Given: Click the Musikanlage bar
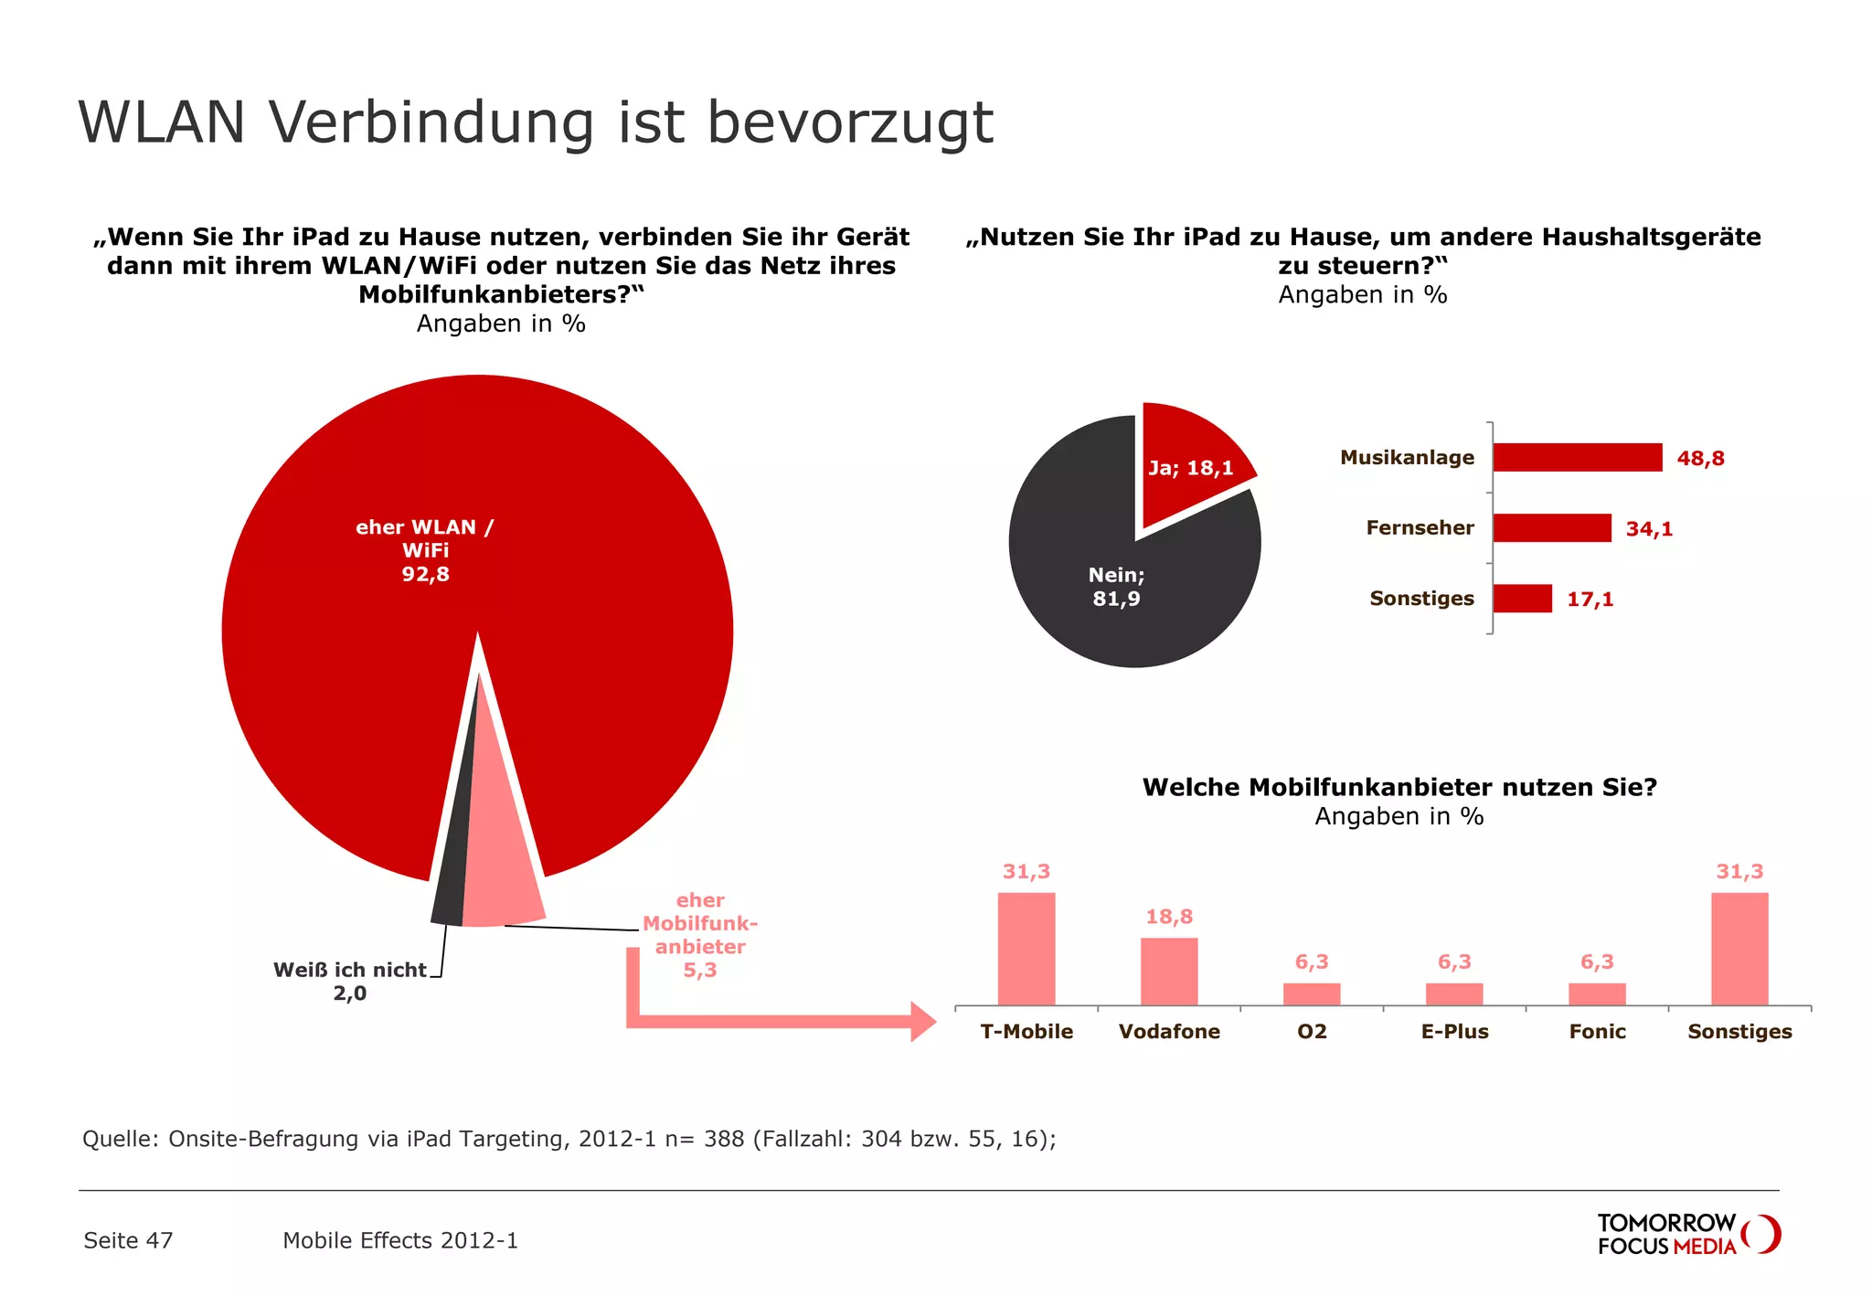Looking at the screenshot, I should click(x=1577, y=457).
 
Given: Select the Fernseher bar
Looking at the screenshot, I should click(x=1551, y=527).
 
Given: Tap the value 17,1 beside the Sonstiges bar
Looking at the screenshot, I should click(x=1590, y=600).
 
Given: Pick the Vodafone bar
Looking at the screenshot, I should click(x=1168, y=972).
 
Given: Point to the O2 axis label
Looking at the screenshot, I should click(x=1312, y=1032).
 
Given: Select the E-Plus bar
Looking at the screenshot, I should click(x=1453, y=994).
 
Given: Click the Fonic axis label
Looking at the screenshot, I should click(x=1597, y=1032).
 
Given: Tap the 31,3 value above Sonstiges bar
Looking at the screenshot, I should click(x=1739, y=872).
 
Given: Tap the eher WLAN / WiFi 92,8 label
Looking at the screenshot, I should click(x=425, y=550).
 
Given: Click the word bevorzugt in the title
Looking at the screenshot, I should click(x=850, y=123).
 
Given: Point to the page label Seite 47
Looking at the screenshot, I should click(x=128, y=1240).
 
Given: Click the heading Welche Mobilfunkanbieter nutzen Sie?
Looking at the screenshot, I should click(x=1399, y=787).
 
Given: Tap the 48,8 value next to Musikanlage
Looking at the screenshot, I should click(x=1700, y=459).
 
